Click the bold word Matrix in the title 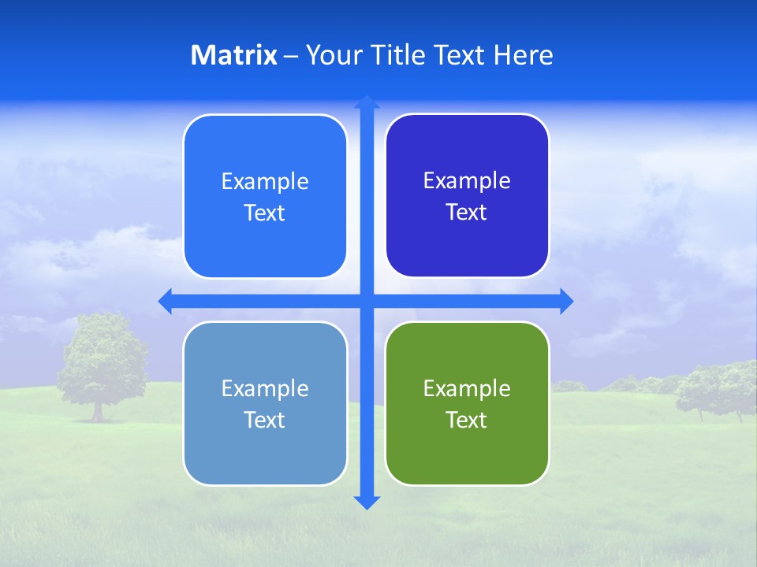coord(233,55)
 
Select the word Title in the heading coord(399,55)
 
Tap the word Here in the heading coord(524,55)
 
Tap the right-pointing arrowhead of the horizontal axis coord(566,301)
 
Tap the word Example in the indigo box coord(467,181)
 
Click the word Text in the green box coord(467,420)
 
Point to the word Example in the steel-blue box coord(265,388)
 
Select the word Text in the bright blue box coord(265,213)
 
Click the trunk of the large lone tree coord(98,410)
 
